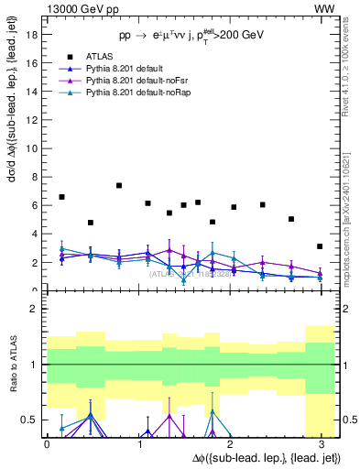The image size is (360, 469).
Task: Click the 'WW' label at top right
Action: tap(325, 8)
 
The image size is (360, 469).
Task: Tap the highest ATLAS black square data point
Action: tap(119, 186)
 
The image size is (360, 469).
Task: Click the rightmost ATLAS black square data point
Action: tap(320, 246)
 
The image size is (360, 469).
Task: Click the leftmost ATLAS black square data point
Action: tap(61, 197)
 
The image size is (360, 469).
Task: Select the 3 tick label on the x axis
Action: tap(322, 443)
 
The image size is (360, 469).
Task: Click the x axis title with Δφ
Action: tap(267, 457)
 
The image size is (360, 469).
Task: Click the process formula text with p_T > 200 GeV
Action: tap(191, 35)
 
